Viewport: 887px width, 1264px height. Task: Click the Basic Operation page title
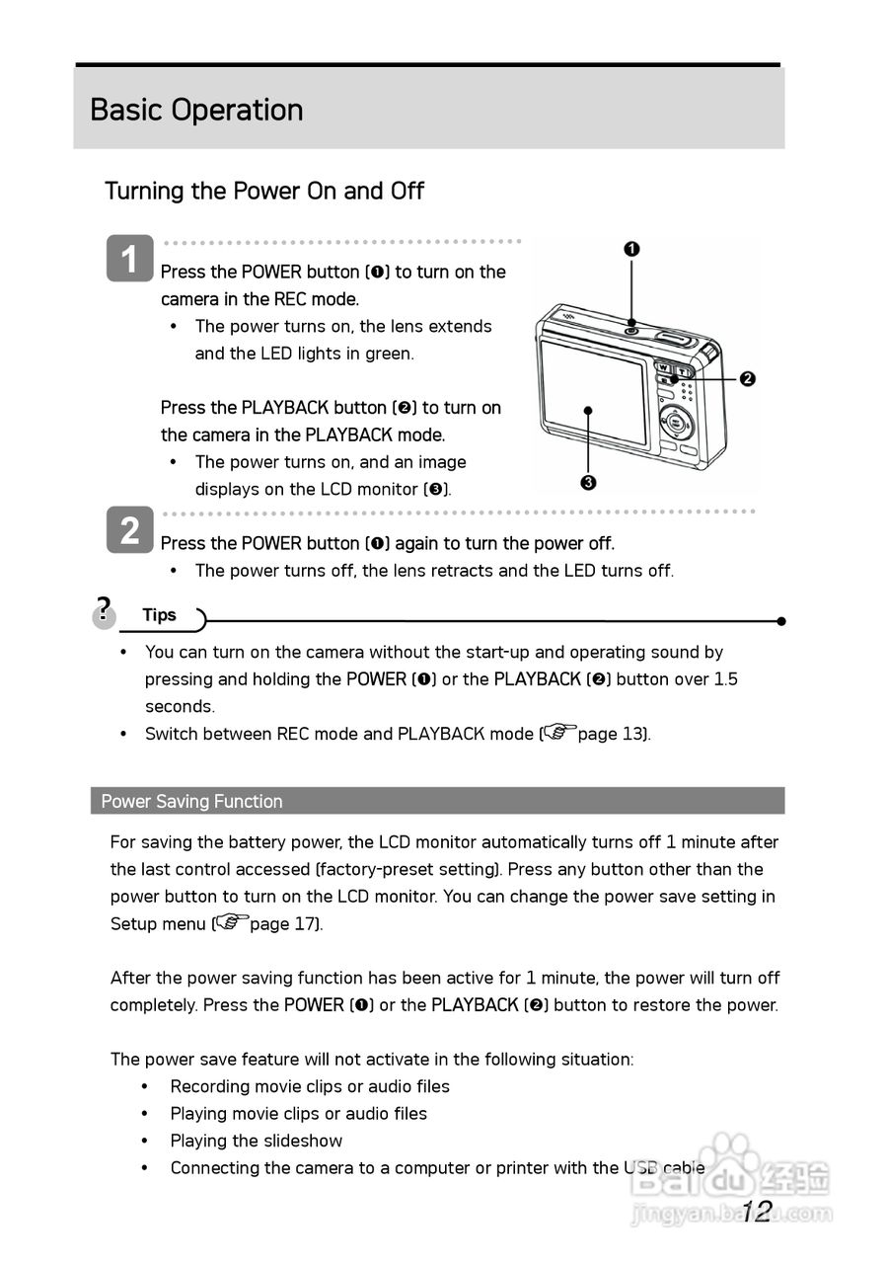point(196,110)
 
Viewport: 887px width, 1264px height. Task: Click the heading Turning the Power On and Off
point(264,191)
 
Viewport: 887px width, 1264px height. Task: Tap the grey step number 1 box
point(129,259)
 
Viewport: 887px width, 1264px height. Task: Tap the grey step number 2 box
point(129,530)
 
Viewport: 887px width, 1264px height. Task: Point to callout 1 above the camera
point(631,249)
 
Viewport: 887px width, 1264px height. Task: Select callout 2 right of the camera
point(747,379)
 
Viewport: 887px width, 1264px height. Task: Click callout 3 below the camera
point(588,482)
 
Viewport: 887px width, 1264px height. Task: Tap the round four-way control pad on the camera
point(676,424)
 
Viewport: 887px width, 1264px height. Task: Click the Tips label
point(159,615)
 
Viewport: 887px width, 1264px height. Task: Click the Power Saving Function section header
point(191,801)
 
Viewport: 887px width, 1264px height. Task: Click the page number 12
point(756,1212)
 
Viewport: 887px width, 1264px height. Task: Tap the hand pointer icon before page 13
point(558,733)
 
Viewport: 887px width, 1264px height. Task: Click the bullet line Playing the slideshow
point(256,1141)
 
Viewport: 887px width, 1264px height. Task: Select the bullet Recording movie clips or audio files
point(309,1086)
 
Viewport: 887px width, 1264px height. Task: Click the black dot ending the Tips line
point(780,621)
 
